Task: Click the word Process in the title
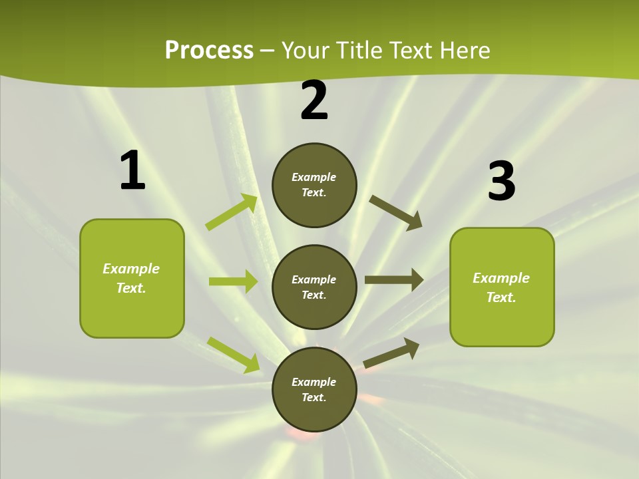point(209,51)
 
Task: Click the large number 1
point(132,171)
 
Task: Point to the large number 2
point(314,100)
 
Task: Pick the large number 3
point(502,182)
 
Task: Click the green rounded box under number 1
point(132,278)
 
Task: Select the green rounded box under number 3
point(502,287)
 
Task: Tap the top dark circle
point(314,185)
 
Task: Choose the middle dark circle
point(314,287)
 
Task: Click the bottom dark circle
point(314,389)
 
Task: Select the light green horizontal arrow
point(233,281)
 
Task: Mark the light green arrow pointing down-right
point(233,354)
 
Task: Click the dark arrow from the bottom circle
point(391,353)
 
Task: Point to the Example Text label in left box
point(132,278)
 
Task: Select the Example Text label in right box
point(501,287)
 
